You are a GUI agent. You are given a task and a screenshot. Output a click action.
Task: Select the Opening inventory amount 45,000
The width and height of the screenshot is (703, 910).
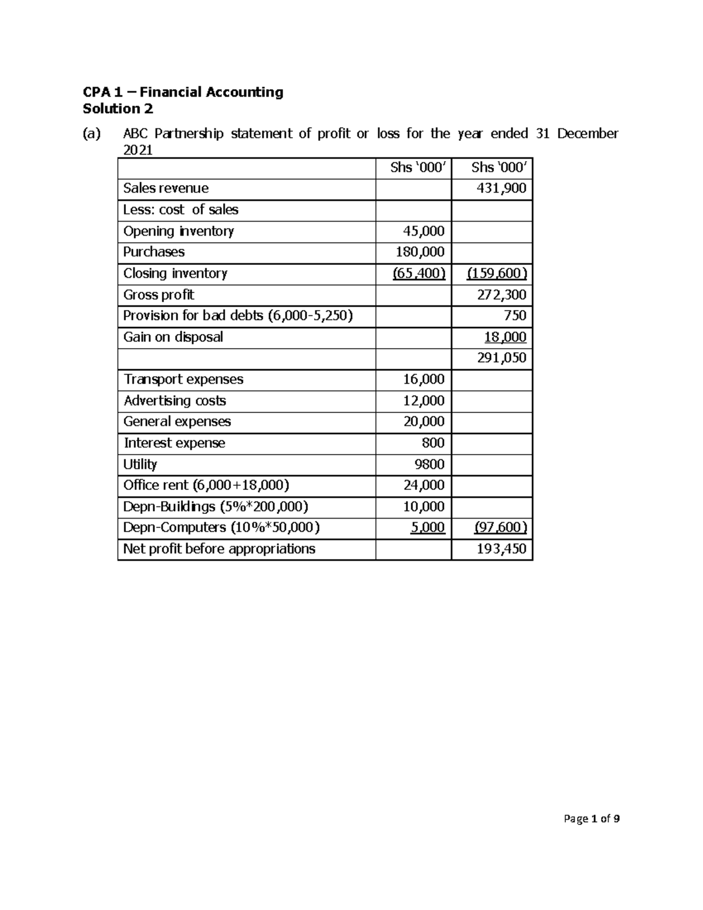coord(424,231)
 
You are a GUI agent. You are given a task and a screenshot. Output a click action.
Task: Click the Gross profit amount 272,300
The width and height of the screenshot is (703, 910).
coord(501,295)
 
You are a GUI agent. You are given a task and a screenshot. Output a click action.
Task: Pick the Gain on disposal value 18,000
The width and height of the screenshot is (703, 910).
coord(505,337)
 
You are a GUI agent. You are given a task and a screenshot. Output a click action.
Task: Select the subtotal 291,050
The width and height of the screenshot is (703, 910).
coord(501,358)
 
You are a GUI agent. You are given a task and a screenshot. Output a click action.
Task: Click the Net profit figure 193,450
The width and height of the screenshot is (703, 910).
coord(501,549)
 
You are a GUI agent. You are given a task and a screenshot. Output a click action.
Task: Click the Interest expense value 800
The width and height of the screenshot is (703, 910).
coord(433,443)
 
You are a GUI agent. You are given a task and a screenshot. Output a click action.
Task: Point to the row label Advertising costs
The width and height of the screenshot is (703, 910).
coord(175,401)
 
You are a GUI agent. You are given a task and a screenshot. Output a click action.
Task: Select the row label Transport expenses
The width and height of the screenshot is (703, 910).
coord(183,380)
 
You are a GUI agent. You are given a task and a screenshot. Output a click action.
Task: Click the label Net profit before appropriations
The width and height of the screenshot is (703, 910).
coord(219,549)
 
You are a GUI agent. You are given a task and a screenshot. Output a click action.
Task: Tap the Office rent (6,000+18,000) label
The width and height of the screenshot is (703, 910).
coord(206,485)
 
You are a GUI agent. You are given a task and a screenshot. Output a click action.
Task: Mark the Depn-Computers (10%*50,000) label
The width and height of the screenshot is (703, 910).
coord(221,527)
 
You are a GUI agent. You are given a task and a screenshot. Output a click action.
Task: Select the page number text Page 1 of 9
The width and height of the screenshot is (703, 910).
coord(591,819)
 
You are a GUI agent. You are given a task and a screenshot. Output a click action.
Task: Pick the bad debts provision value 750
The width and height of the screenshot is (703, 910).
coord(515,316)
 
